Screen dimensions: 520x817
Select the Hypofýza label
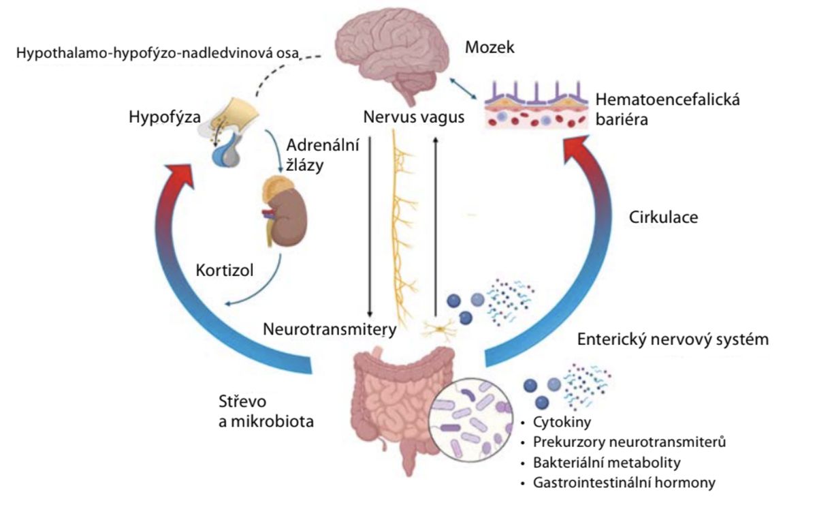[x=164, y=118]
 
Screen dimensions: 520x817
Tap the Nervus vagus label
[x=413, y=117]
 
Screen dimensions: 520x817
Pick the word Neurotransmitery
[x=330, y=330]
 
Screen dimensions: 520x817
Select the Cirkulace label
[x=664, y=218]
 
